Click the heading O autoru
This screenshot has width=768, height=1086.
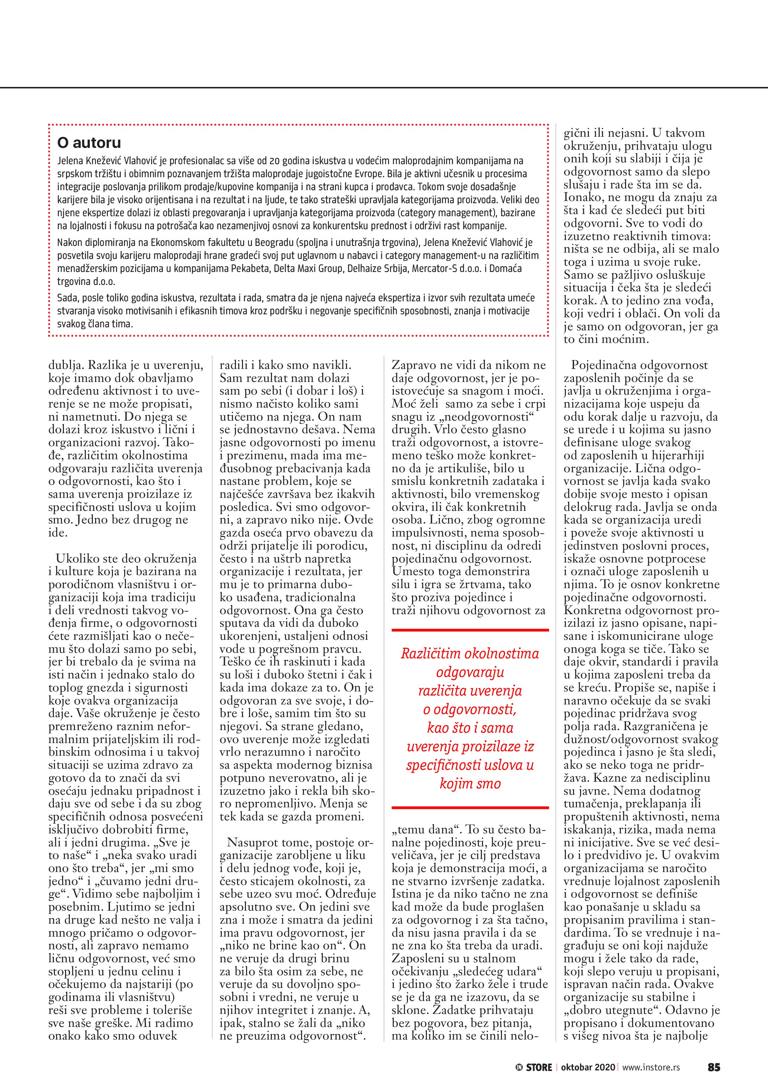tap(89, 142)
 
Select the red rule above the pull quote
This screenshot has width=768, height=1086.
tap(470, 630)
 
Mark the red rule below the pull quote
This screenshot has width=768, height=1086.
tap(470, 807)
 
